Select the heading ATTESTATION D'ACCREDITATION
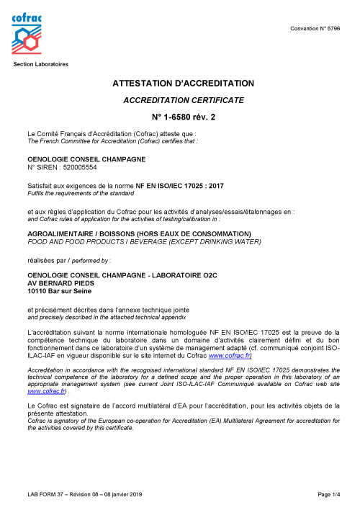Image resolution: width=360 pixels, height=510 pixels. click(184, 84)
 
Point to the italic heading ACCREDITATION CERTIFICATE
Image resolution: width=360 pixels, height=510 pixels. click(184, 99)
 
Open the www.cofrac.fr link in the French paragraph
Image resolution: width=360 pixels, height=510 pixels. click(230, 356)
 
